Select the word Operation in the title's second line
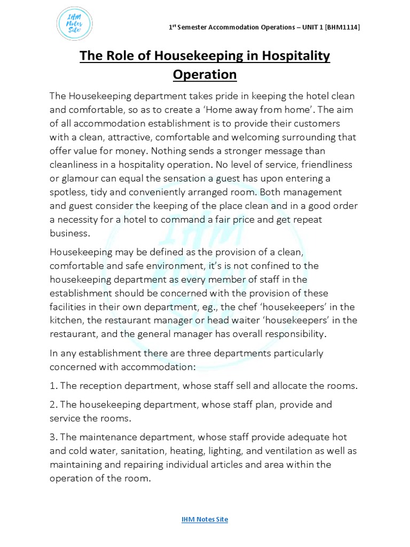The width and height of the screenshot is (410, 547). tap(205, 74)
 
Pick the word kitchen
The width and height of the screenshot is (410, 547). tap(66, 321)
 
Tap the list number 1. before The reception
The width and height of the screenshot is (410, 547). tap(53, 386)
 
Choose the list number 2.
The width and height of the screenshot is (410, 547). tap(53, 405)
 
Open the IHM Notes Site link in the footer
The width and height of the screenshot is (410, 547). tap(204, 519)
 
